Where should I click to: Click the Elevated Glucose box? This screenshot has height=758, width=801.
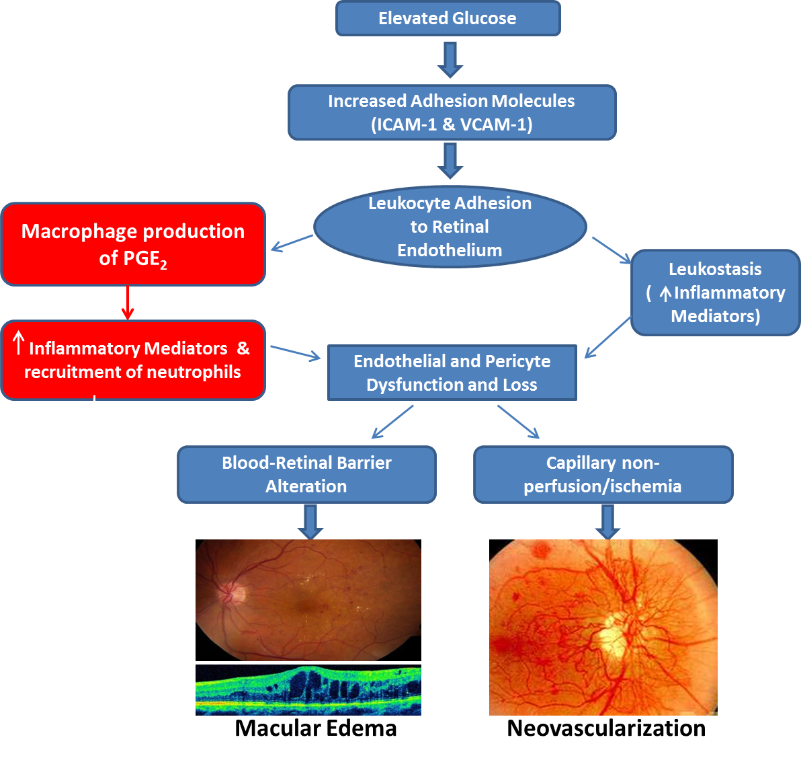point(448,18)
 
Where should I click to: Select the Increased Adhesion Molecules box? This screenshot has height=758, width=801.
point(452,112)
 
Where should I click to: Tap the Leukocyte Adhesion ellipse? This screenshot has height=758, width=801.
point(450,227)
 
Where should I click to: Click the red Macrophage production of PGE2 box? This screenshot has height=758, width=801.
point(133,244)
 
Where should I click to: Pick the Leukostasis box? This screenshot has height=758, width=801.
point(715,293)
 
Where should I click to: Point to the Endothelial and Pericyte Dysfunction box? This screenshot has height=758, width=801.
point(452,373)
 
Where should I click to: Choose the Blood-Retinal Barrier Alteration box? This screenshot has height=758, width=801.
point(306,474)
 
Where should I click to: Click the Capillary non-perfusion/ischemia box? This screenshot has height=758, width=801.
point(603,474)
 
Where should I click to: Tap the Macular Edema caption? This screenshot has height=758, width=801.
point(316,728)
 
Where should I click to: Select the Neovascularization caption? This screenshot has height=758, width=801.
point(606,728)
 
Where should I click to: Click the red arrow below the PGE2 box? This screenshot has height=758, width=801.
point(128,303)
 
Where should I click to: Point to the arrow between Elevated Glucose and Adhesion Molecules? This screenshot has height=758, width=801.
point(450,60)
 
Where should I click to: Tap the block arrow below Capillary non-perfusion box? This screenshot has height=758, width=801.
point(607,522)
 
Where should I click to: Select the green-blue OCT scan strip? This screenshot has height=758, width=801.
point(308,689)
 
